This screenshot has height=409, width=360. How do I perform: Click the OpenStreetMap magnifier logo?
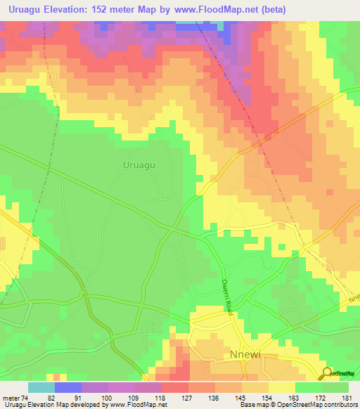pyautogui.click(x=328, y=374)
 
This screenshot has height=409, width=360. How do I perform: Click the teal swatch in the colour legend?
pyautogui.click(x=41, y=387)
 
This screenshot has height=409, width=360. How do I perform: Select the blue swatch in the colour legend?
pyautogui.click(x=68, y=387)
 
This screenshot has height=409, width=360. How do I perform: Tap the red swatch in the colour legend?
pyautogui.click(x=175, y=387)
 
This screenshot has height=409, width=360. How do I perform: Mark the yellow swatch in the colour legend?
pyautogui.click(x=282, y=387)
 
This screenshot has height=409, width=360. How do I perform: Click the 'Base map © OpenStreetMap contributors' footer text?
pyautogui.click(x=298, y=405)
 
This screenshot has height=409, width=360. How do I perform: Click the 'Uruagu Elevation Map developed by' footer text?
pyautogui.click(x=52, y=405)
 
